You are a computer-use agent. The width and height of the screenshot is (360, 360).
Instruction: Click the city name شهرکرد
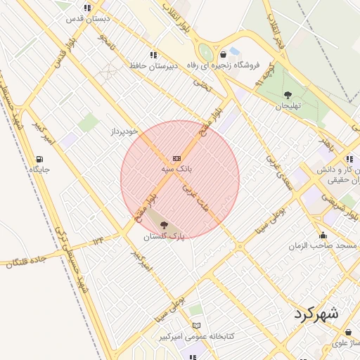point(314,313)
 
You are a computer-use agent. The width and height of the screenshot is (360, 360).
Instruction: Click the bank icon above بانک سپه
point(176,158)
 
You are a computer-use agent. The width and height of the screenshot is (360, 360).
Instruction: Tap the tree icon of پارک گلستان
point(164,225)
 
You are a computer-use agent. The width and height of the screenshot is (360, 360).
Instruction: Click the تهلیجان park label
point(287,105)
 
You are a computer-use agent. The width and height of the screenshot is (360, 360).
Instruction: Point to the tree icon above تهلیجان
point(287,94)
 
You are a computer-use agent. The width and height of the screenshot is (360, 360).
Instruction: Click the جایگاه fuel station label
point(38,169)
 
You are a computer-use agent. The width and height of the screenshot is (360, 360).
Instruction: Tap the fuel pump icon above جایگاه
point(39,158)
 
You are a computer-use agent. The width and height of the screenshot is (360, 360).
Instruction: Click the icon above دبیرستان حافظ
point(153,55)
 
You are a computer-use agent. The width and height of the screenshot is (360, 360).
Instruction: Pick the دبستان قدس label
point(81,19)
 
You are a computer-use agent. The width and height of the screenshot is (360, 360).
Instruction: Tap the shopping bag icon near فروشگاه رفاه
point(223,54)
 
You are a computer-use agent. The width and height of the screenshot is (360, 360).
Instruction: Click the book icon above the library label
point(196,326)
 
